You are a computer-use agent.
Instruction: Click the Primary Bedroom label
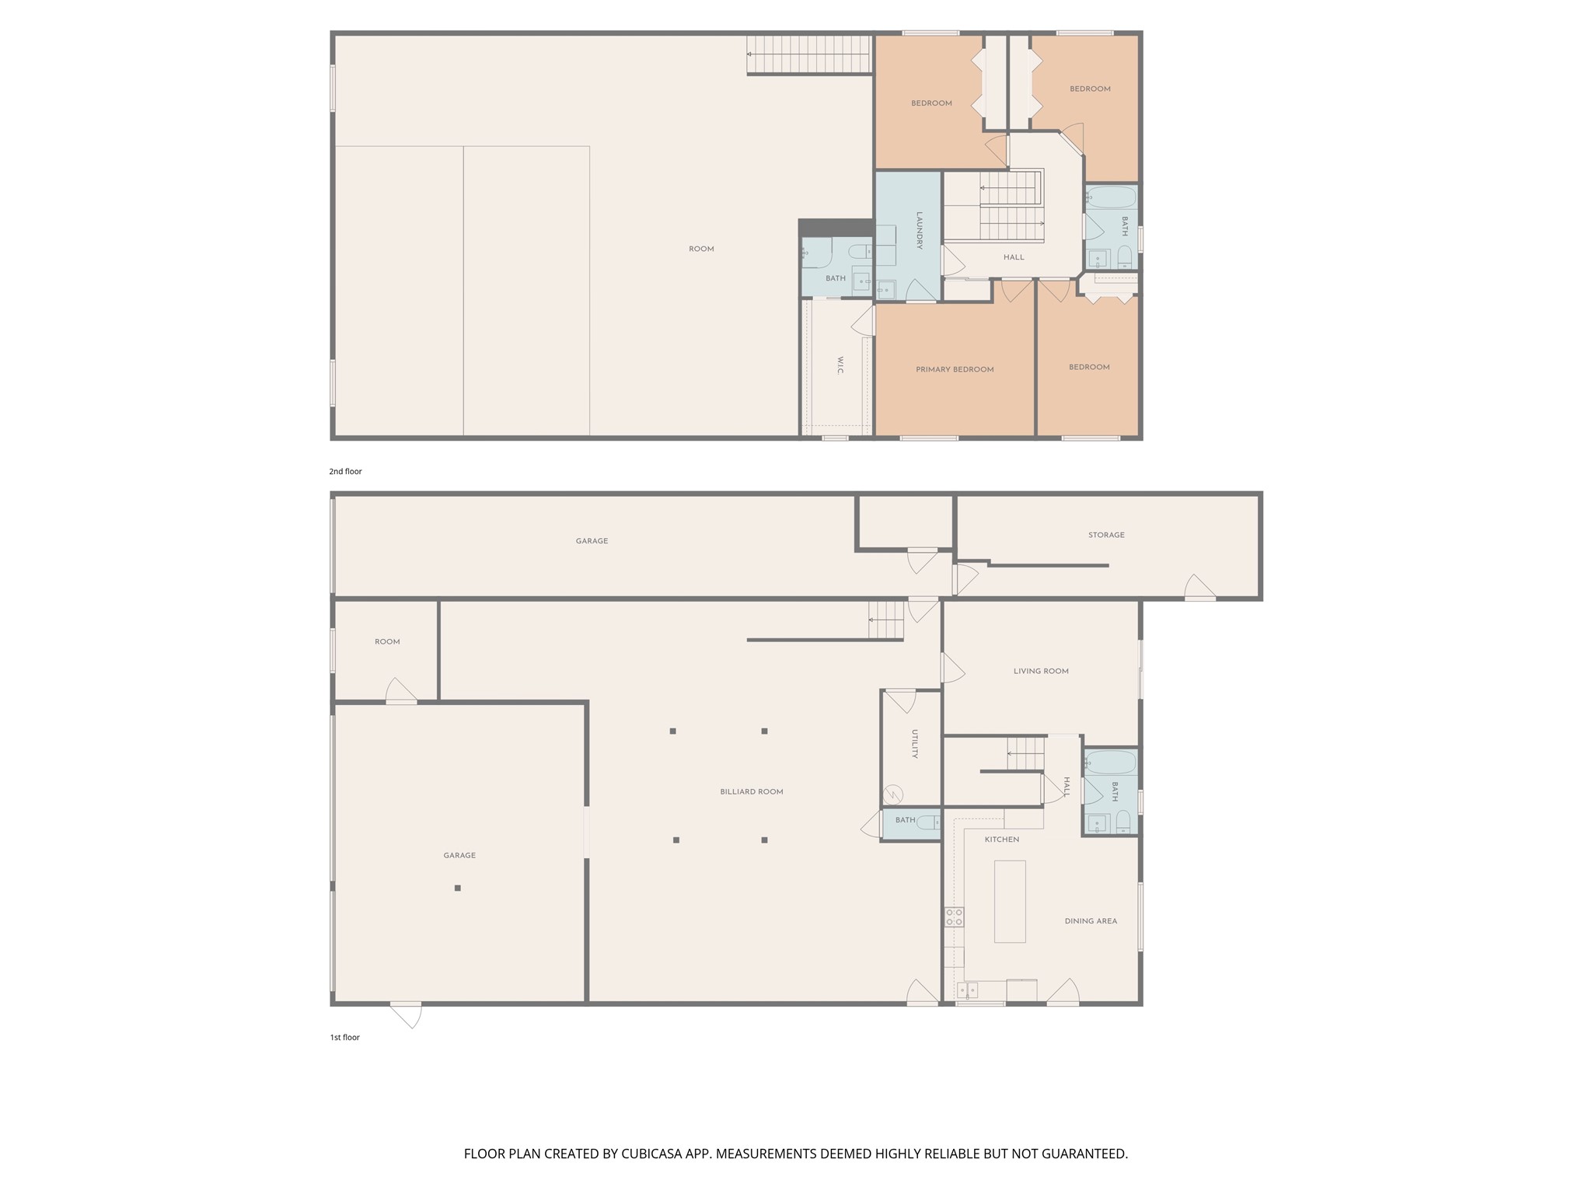955,369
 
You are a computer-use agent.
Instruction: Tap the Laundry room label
919,231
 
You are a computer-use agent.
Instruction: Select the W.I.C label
840,365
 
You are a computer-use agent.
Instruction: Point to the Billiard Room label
752,791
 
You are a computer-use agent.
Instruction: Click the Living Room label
1041,671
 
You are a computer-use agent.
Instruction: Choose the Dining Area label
1091,921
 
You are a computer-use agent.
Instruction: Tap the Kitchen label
1002,840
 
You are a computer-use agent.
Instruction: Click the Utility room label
915,744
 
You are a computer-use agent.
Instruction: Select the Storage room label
1106,535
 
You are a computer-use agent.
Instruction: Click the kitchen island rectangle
1010,902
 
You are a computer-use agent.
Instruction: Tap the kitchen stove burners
954,917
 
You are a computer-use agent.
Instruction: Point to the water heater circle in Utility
893,794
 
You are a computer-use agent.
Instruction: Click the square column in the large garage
458,888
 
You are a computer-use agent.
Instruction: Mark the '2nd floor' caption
345,471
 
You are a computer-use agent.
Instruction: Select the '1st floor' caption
344,1037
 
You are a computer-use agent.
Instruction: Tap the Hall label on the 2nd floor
1014,257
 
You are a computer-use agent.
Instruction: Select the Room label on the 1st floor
387,642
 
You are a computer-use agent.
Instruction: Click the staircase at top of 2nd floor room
808,54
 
